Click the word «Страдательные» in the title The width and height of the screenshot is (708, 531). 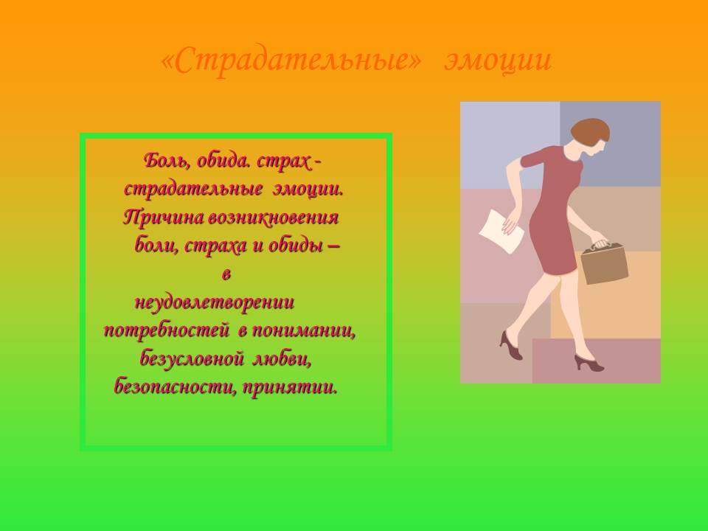291,60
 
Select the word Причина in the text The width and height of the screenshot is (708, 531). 164,218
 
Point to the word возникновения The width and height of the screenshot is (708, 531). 273,218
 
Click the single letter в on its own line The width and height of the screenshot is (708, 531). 226,274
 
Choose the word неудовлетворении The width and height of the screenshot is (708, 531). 215,302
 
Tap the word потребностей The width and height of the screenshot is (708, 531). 167,331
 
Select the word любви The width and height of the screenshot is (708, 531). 282,359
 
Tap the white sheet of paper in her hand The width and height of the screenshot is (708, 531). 501,231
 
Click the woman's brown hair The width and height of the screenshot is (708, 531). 589,131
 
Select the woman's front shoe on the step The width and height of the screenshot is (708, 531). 589,363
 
